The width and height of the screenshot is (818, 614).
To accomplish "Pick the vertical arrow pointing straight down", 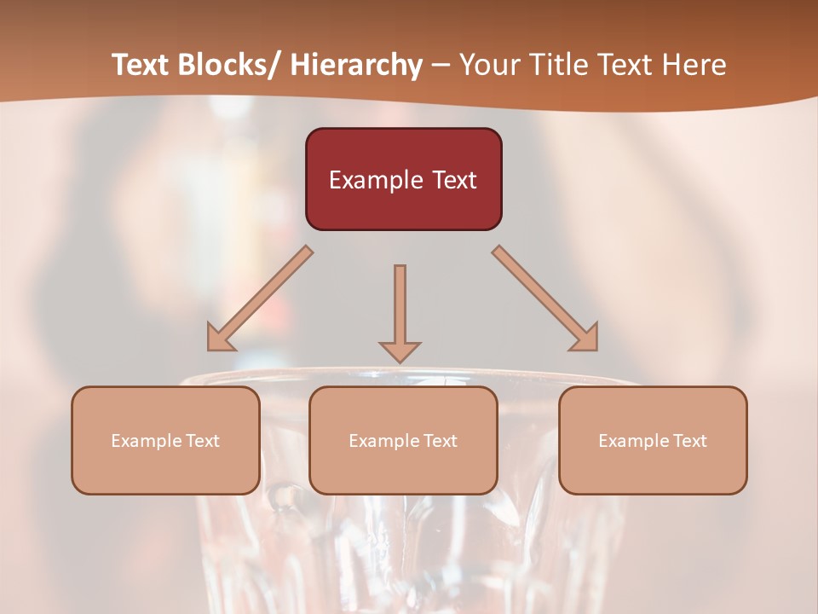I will tap(400, 307).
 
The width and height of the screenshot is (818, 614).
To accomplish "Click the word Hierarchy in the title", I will tap(356, 65).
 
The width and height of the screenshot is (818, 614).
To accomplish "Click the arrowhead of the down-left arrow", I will tap(219, 339).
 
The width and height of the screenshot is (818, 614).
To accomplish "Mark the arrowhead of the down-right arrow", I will tap(585, 339).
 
